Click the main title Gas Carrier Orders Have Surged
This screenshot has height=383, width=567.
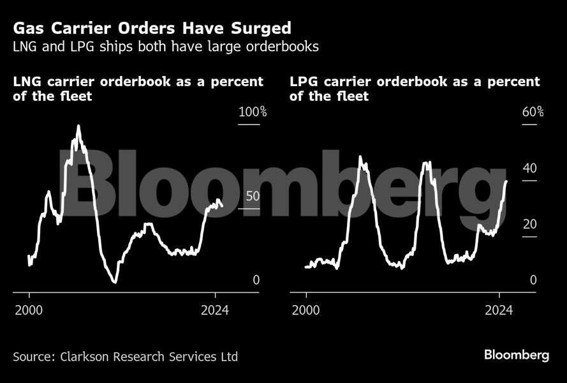pyautogui.click(x=152, y=28)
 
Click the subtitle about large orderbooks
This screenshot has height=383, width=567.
pyautogui.click(x=165, y=47)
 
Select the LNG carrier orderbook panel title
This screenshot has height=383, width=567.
pyautogui.click(x=138, y=89)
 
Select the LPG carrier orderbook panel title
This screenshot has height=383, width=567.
pyautogui.click(x=415, y=89)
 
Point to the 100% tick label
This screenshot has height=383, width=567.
pyautogui.click(x=253, y=112)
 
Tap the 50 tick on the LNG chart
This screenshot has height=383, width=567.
pyautogui.click(x=253, y=197)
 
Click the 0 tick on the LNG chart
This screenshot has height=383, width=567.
pyautogui.click(x=256, y=280)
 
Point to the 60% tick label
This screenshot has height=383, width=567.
pyautogui.click(x=533, y=112)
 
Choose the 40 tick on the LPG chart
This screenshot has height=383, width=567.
pyautogui.click(x=530, y=169)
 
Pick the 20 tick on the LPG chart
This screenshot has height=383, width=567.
pyautogui.click(x=530, y=224)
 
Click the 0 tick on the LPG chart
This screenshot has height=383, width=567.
pyautogui.click(x=533, y=280)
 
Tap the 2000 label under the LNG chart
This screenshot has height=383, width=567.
pyautogui.click(x=29, y=311)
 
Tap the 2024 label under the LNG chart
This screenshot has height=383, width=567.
pyautogui.click(x=215, y=311)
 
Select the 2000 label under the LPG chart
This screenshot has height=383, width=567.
pyautogui.click(x=306, y=311)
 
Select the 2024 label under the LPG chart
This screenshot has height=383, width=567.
pyautogui.click(x=499, y=311)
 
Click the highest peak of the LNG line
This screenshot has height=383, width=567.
pyautogui.click(x=78, y=126)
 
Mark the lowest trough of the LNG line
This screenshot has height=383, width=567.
pyautogui.click(x=115, y=282)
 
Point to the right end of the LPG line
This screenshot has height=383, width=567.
pyautogui.click(x=506, y=181)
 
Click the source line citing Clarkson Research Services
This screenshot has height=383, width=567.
pyautogui.click(x=125, y=356)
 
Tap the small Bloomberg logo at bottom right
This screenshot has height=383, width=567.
pyautogui.click(x=516, y=356)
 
